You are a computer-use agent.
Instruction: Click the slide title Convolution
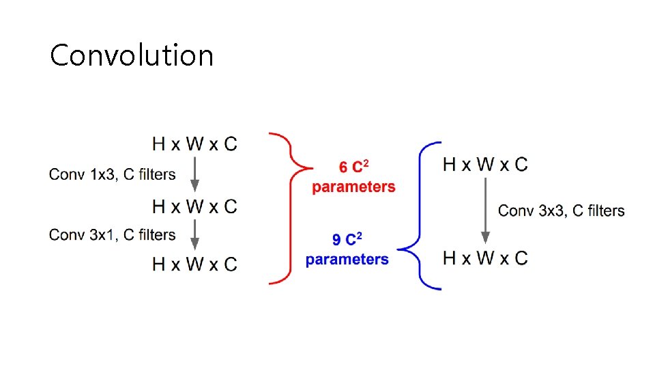click(x=132, y=55)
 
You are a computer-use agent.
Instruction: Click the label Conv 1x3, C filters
click(x=112, y=174)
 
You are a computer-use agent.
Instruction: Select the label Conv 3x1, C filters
click(x=112, y=235)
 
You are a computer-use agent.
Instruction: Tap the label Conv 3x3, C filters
click(x=561, y=210)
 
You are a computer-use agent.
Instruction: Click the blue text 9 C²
click(x=347, y=240)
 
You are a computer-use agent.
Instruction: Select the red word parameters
click(x=353, y=187)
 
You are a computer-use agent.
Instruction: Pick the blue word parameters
click(x=347, y=259)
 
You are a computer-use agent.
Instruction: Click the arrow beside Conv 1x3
click(x=195, y=174)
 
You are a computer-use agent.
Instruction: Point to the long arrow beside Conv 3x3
click(x=485, y=210)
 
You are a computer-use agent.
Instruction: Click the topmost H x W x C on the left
click(x=195, y=144)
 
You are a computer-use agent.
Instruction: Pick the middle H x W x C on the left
click(x=195, y=206)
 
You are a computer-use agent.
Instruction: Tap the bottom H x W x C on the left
click(x=195, y=264)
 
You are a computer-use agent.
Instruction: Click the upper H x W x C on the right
click(x=485, y=165)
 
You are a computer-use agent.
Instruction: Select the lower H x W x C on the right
click(x=485, y=258)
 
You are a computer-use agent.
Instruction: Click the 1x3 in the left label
click(x=102, y=174)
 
